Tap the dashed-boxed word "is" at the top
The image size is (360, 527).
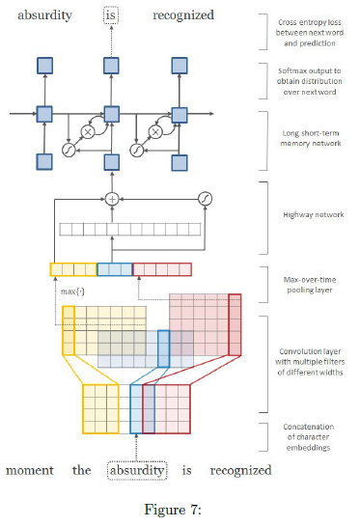point(110,15)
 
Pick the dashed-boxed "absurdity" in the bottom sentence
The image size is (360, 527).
point(138,471)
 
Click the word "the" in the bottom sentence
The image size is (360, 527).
point(86,471)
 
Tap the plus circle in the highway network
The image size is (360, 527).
point(111,199)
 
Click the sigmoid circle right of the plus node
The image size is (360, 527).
point(205,199)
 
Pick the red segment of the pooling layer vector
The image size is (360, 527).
point(162,270)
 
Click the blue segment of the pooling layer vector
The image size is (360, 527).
point(114,270)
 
